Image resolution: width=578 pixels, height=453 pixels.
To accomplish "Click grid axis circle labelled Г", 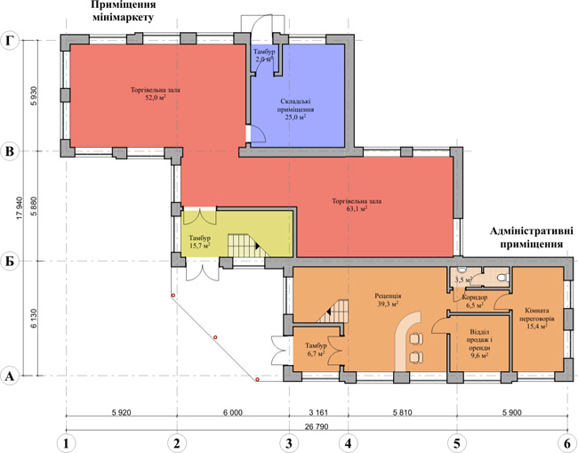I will point(11,41).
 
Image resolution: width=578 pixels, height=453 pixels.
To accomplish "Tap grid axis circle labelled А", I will point(11,376).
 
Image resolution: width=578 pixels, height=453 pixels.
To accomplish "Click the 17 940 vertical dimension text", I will point(20,208).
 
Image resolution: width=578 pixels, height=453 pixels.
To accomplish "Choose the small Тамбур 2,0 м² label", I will point(264,56).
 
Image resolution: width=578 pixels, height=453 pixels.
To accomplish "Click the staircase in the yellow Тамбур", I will point(242,245).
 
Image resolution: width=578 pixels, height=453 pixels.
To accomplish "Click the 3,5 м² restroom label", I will point(462,280).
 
